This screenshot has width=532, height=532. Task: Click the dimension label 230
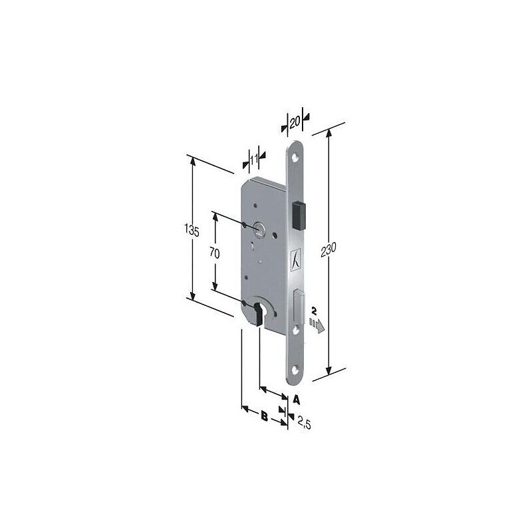pyautogui.click(x=328, y=249)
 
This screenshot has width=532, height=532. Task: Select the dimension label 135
pyautogui.click(x=192, y=231)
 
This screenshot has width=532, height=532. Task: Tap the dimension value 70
pyautogui.click(x=214, y=253)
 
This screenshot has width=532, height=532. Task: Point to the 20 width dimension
pyautogui.click(x=295, y=122)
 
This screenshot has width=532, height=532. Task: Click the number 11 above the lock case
pyautogui.click(x=254, y=159)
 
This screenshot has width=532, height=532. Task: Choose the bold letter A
pyautogui.click(x=296, y=400)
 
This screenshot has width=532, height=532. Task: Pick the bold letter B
pyautogui.click(x=264, y=416)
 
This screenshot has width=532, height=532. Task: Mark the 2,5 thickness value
pyautogui.click(x=305, y=423)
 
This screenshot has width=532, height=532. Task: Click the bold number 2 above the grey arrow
pyautogui.click(x=314, y=311)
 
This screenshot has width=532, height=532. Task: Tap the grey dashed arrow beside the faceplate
pyautogui.click(x=317, y=326)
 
